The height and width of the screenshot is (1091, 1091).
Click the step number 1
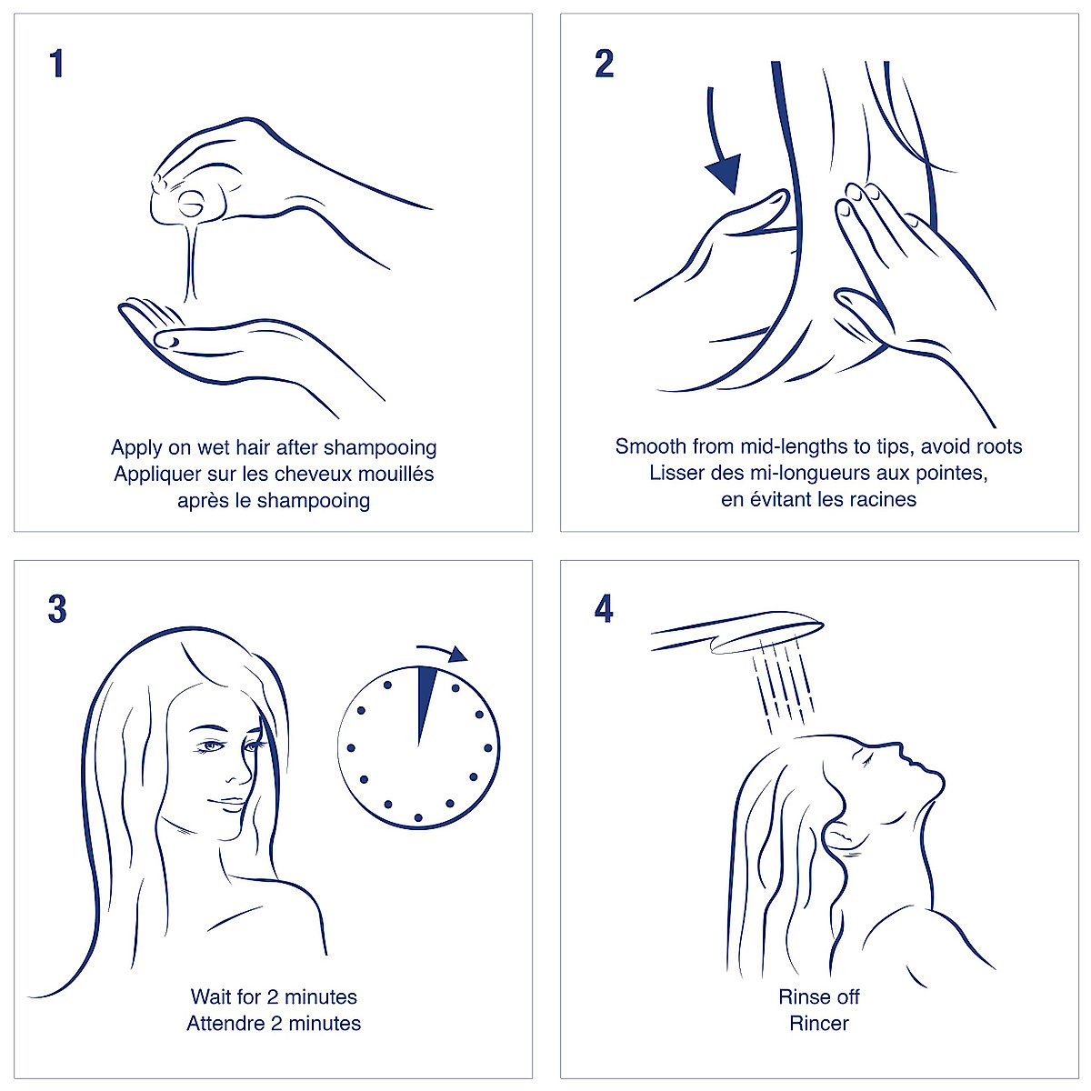click(x=56, y=65)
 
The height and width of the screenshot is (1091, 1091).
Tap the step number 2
click(x=604, y=65)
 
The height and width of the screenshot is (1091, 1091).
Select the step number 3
click(x=57, y=610)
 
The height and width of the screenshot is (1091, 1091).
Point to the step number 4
click(x=604, y=610)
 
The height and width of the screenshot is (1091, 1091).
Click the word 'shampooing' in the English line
click(x=380, y=447)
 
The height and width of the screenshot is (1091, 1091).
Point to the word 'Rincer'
click(x=819, y=1024)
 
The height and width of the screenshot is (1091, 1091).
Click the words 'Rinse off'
click(x=819, y=997)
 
